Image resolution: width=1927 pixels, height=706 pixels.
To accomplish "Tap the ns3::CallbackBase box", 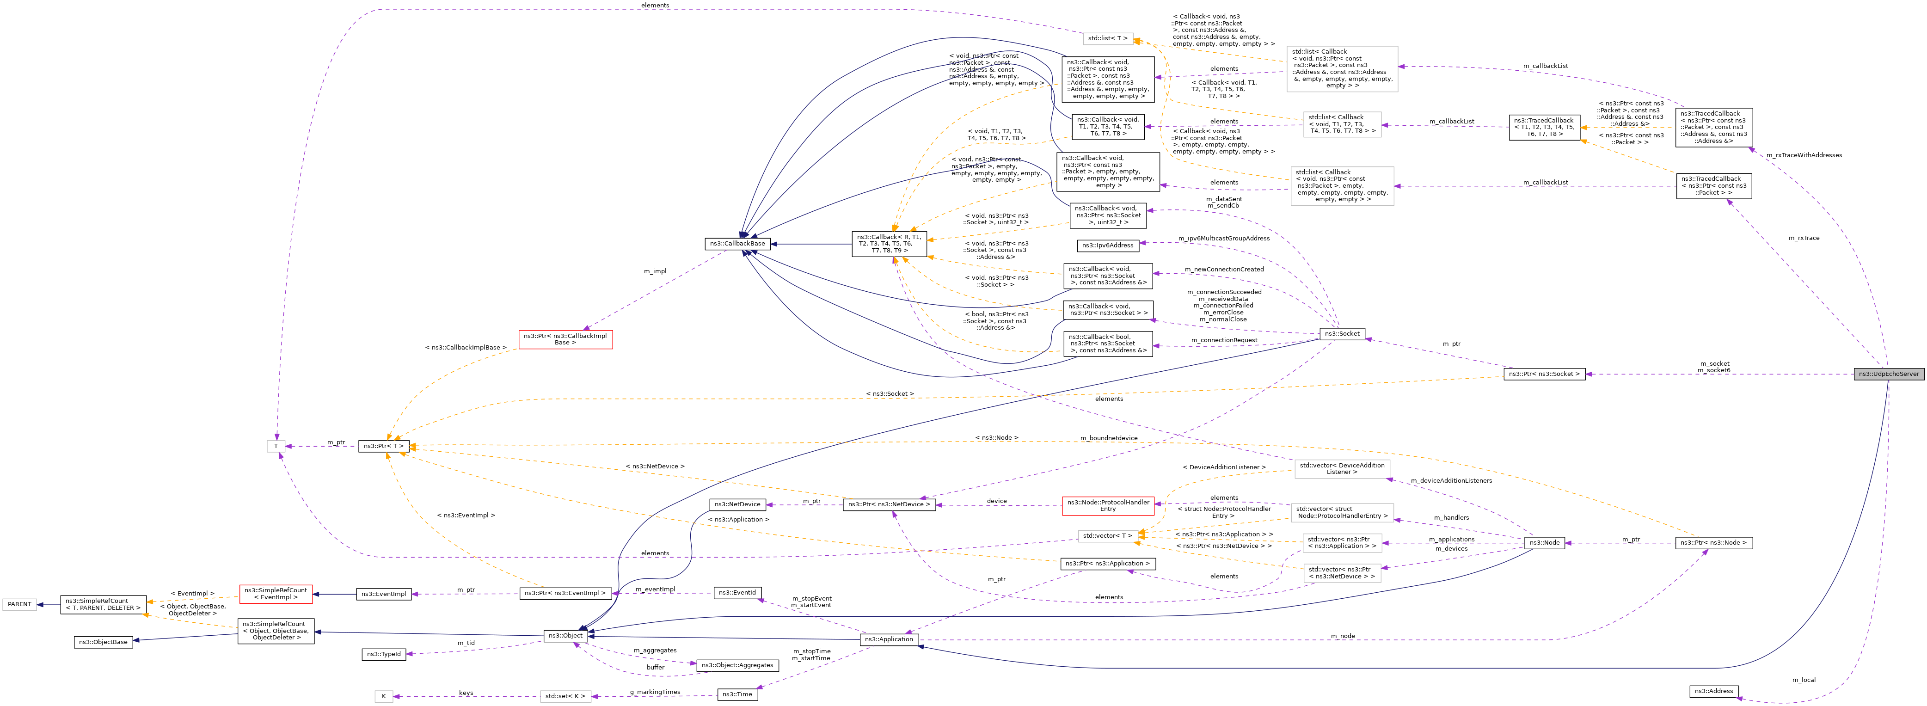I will [x=737, y=244].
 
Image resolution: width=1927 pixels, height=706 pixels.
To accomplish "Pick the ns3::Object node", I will [x=565, y=636].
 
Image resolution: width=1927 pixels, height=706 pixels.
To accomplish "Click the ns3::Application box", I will [x=888, y=639].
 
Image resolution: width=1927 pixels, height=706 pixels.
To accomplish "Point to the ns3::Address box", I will [x=1713, y=691].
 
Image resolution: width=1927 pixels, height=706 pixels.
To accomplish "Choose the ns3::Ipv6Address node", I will [x=1108, y=246].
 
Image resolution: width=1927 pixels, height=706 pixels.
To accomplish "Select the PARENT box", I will [x=19, y=604].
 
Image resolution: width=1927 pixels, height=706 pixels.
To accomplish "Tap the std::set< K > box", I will [x=565, y=696].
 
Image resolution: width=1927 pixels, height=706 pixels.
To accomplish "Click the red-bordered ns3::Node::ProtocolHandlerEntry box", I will [x=1107, y=505].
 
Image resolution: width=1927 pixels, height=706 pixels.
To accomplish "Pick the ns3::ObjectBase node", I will [x=104, y=642].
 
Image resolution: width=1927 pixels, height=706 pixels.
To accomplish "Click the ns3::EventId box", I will [x=737, y=592].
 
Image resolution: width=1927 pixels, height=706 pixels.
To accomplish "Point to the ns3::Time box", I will [x=737, y=694].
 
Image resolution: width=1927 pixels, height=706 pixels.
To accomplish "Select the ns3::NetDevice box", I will [x=737, y=504].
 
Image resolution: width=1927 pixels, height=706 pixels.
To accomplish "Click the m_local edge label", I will [x=1804, y=680].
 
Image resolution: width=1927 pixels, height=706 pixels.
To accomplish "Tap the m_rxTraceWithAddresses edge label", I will [x=1804, y=155].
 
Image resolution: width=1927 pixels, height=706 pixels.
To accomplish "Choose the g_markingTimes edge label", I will [x=655, y=692].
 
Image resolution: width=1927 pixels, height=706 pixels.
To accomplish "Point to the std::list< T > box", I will [x=1107, y=38].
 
